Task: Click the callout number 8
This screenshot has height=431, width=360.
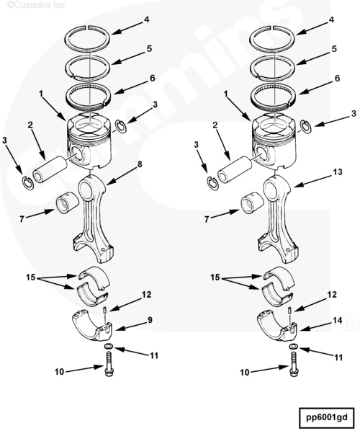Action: pos(140,164)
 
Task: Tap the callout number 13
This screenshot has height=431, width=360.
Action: pos(338,172)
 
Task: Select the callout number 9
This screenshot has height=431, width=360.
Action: pos(150,320)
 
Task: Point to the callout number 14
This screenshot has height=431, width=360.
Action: pos(338,321)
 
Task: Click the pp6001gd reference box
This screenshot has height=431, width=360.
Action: pos(326,417)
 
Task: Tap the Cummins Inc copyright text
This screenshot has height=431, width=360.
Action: pos(36,4)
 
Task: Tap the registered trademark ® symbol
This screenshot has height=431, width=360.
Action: pos(350,322)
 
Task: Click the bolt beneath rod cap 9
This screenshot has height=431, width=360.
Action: pos(109,364)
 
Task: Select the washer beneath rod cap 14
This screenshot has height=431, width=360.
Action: pos(293,346)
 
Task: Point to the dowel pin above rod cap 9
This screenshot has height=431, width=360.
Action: pos(105,310)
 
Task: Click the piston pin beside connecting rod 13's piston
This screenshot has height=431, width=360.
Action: pos(235,169)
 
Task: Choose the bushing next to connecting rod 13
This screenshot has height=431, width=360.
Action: pos(252,204)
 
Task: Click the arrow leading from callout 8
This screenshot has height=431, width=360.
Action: pos(122,176)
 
